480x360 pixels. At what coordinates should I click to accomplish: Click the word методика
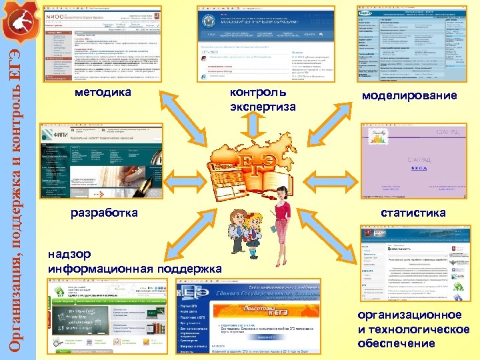tap(103, 93)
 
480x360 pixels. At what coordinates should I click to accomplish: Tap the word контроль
tap(257, 92)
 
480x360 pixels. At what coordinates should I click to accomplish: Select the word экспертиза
tap(263, 107)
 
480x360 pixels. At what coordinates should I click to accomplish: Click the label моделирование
tap(409, 96)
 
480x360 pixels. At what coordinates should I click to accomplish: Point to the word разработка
tap(104, 213)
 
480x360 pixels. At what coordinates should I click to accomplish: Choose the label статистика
tap(413, 213)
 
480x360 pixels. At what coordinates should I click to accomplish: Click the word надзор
tap(75, 255)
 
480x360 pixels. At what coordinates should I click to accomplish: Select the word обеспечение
tap(396, 344)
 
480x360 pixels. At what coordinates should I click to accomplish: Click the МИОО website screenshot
tap(103, 44)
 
